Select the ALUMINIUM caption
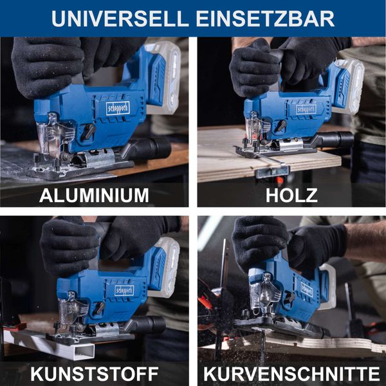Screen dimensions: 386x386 point(94,194)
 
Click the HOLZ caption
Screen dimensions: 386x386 point(291,194)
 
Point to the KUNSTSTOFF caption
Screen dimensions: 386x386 point(94,373)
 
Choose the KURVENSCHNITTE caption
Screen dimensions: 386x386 point(291,373)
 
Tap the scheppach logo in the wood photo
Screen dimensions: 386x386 point(306,108)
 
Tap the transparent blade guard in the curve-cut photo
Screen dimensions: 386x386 point(264,296)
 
